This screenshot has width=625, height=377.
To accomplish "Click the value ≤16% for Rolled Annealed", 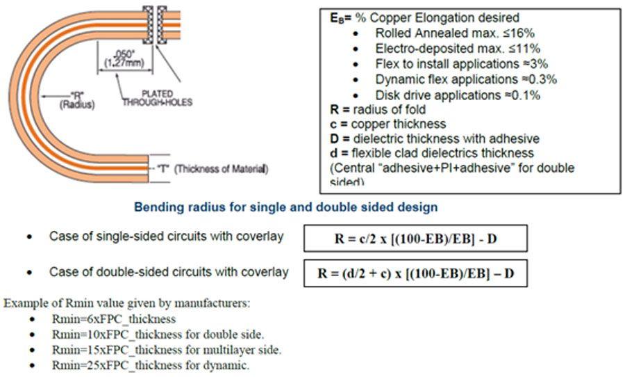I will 519,33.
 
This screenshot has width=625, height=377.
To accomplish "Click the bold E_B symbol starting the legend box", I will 337,18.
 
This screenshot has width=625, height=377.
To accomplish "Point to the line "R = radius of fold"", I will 378,109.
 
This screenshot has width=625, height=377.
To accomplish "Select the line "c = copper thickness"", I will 387,124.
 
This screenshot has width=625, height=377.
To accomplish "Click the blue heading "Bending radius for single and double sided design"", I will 285,207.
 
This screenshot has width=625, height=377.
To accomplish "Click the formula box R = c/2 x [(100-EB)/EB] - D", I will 415,238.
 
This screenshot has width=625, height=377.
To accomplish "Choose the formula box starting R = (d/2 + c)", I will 415,273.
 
